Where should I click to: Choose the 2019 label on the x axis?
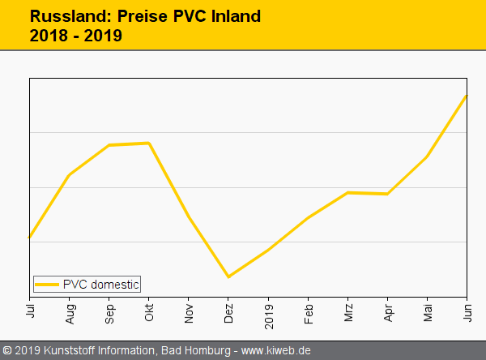point(268,313)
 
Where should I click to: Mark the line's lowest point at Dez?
point(228,276)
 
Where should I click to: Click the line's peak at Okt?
point(149,143)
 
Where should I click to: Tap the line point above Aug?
point(70,174)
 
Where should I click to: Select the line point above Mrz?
point(347,192)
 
